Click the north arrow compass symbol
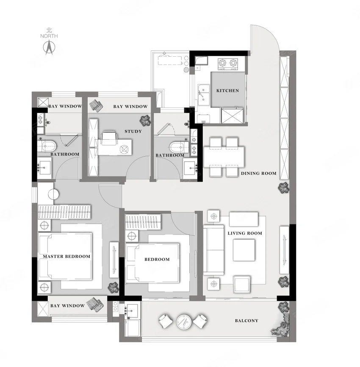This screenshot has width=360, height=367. coord(49,47)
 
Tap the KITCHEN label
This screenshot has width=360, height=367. coord(227,91)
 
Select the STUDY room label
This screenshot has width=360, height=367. coord(133,131)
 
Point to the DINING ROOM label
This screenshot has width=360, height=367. coord(259,174)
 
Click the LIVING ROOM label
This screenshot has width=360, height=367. coord(245,233)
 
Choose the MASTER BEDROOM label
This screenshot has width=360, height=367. coord(66,256)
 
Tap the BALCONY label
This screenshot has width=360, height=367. coord(246,321)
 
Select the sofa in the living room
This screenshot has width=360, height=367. coord(213,250)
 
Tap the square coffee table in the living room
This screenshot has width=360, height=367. coord(244,250)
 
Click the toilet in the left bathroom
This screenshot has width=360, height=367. coord(47,146)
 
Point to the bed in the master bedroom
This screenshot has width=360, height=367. coord(65,256)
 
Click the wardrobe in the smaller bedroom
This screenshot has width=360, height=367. coord(144,222)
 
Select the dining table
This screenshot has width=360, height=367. coord(224,157)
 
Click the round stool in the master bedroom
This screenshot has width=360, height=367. coord(53,194)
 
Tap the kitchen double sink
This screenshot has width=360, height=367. coord(204,95)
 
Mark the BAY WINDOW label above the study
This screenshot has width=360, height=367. coord(130,107)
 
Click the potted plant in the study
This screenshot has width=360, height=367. coord(145,120)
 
